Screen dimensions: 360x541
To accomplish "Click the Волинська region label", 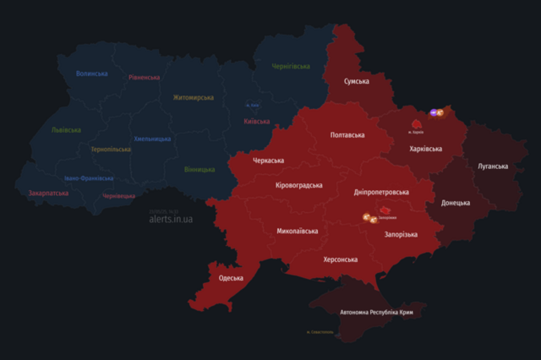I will [92, 74].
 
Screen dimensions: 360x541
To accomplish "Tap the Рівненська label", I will [145, 77].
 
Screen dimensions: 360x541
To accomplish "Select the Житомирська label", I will [194, 97].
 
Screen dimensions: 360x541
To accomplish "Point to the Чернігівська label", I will [291, 66].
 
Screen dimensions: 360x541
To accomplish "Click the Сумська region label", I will [356, 81].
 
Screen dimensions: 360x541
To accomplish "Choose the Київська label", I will [256, 122].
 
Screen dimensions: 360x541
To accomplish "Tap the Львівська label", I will [66, 130].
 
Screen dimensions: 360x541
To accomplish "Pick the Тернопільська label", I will [111, 150].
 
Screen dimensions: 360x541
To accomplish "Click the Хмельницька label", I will [152, 139].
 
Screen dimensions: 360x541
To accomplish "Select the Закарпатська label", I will [49, 193].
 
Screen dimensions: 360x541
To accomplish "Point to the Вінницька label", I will [199, 169].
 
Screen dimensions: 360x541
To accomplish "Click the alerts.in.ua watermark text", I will [171, 219].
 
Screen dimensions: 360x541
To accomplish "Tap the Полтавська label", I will [347, 135].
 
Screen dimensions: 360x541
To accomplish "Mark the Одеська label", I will [231, 278].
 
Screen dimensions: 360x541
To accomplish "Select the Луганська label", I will [492, 166].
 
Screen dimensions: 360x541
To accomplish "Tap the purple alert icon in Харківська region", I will [433, 112].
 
